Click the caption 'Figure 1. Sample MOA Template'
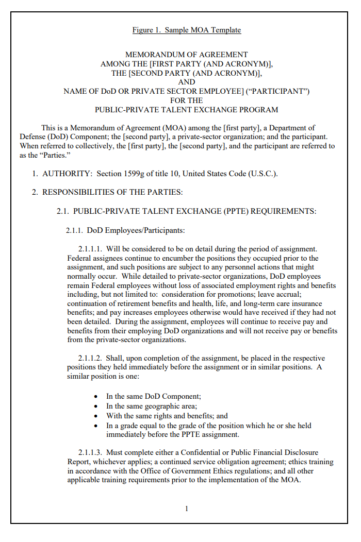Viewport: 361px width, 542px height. click(x=186, y=30)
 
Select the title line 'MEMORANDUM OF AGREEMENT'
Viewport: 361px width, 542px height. click(x=186, y=55)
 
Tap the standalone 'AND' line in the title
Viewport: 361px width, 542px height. click(x=186, y=82)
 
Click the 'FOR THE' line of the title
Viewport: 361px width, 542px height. click(x=186, y=100)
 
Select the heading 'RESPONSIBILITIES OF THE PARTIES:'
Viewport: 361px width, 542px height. click(x=112, y=193)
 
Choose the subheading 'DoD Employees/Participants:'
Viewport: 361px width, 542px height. click(x=136, y=230)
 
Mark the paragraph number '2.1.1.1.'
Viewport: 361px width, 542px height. click(x=90, y=249)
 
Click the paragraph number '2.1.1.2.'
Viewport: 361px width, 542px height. click(x=90, y=358)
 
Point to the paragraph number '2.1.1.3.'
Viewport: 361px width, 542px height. click(x=90, y=453)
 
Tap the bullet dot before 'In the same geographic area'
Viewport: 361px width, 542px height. click(x=96, y=406)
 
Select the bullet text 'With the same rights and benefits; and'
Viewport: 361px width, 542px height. click(x=167, y=416)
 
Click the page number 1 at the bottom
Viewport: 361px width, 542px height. click(x=186, y=509)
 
